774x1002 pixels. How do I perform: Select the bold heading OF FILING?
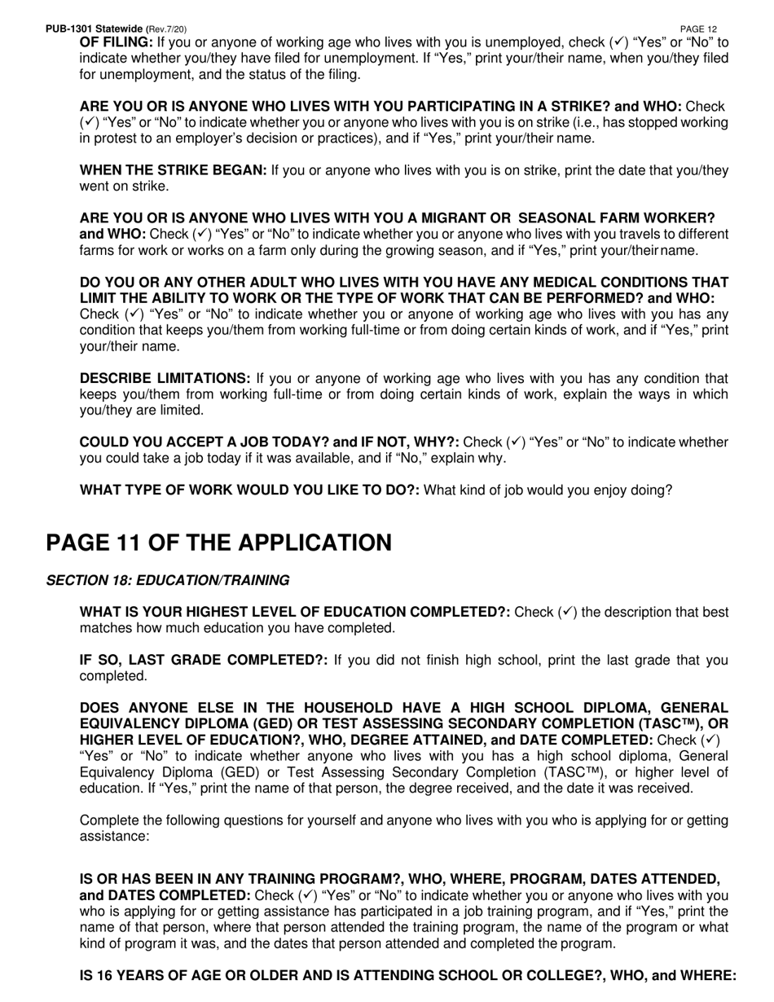(x=116, y=42)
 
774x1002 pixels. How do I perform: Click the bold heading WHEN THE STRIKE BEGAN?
(x=173, y=170)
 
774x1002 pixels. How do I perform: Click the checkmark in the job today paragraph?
(x=516, y=442)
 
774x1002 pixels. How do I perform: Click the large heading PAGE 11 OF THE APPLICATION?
(x=218, y=543)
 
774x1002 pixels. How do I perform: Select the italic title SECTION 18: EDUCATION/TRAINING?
(x=167, y=581)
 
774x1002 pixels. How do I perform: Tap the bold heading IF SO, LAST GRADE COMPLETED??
(x=204, y=661)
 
